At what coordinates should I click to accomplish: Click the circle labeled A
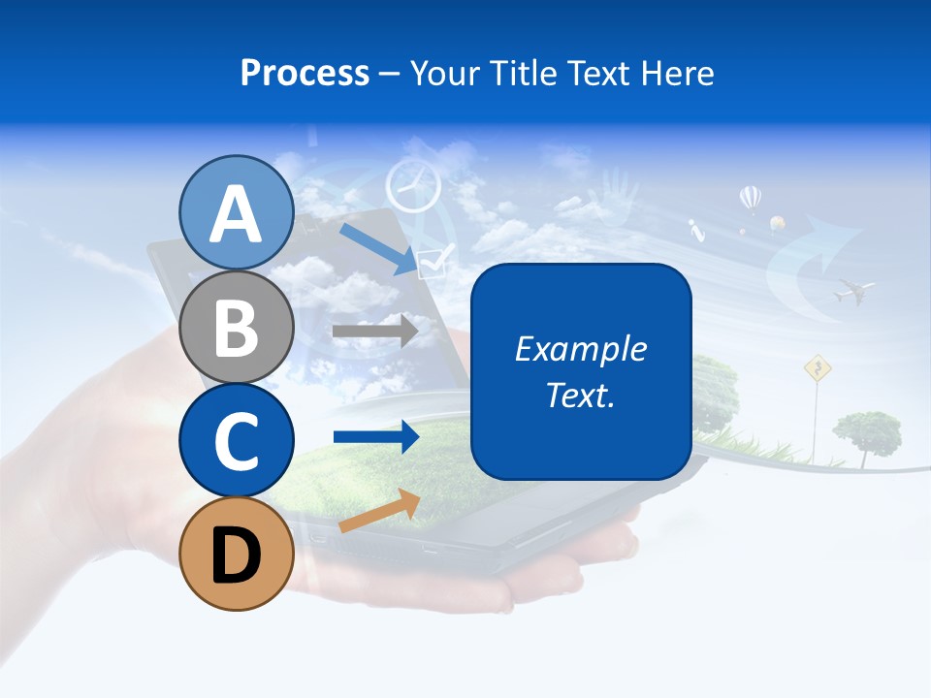(236, 213)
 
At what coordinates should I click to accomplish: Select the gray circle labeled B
(236, 327)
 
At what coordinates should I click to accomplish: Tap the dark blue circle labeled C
(236, 440)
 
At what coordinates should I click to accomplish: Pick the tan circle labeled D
(236, 554)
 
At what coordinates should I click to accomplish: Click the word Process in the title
(305, 73)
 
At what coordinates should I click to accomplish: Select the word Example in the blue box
(580, 349)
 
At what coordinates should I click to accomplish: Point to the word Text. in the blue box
(580, 395)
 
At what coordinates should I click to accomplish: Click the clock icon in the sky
(412, 185)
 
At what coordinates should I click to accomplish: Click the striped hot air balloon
(750, 199)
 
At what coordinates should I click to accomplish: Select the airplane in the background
(852, 289)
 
